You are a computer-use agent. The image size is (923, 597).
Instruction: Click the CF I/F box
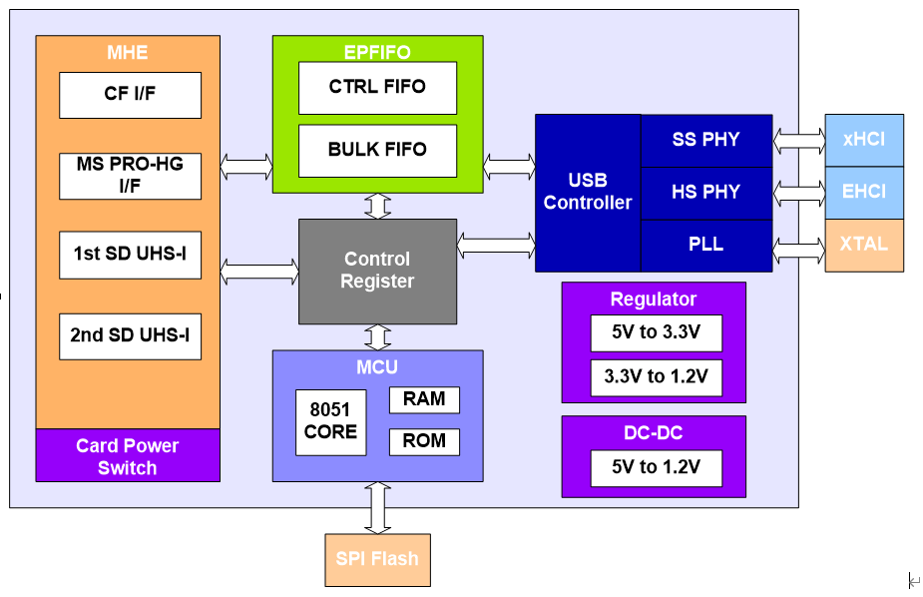pos(130,96)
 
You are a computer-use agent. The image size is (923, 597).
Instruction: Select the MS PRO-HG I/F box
pos(130,176)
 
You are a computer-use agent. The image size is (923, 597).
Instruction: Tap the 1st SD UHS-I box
pos(130,255)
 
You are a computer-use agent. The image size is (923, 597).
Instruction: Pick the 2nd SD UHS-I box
pos(130,336)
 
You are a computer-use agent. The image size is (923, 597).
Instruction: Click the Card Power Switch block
pos(128,455)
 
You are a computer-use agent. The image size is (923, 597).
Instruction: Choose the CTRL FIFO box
pos(377,88)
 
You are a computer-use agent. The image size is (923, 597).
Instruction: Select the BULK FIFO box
pos(377,151)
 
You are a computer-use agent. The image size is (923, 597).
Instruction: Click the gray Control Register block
pos(377,272)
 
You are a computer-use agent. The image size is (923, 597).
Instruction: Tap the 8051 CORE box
pos(331,422)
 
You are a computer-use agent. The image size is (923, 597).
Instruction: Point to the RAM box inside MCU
pos(424,400)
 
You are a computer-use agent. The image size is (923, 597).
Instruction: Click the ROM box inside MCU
pos(424,442)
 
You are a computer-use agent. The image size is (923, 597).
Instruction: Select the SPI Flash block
pos(377,560)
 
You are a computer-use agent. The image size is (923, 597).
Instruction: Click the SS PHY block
pos(706,141)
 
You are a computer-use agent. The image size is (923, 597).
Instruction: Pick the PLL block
pos(706,246)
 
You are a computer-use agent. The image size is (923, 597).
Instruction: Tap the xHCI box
pos(864,140)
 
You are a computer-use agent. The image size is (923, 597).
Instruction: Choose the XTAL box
pos(864,246)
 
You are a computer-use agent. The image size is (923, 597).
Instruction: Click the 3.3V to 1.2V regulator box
pos(657,378)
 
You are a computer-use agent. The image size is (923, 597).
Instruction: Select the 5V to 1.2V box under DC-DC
pos(657,468)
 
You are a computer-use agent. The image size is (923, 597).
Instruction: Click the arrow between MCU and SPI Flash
pos(377,508)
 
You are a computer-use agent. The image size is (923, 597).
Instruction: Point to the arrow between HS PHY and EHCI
pos(799,193)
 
